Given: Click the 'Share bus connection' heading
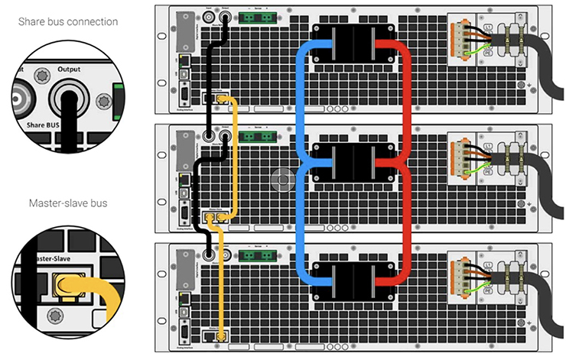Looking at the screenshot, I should [69, 21].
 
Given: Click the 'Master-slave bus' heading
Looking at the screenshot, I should [69, 203].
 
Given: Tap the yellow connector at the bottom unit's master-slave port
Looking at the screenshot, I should [222, 336].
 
